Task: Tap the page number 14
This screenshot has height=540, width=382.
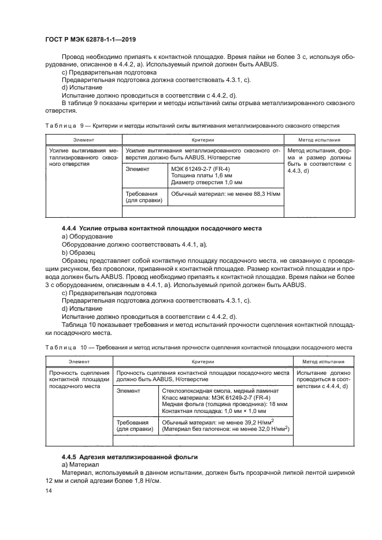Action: pyautogui.click(x=49, y=490)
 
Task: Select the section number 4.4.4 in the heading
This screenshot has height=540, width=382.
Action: pyautogui.click(x=69, y=229)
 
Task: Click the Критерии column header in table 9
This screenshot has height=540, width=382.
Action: pyautogui.click(x=203, y=140)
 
